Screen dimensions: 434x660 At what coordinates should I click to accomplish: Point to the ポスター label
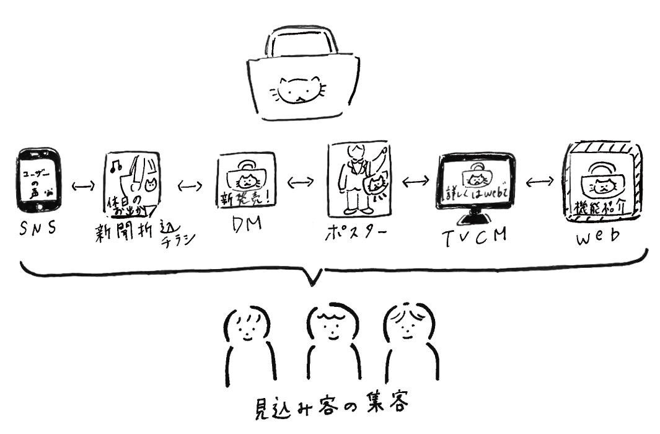pyautogui.click(x=354, y=235)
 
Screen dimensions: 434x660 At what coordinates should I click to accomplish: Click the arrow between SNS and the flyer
pyautogui.click(x=82, y=184)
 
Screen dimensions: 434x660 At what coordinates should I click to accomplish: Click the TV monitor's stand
pyautogui.click(x=475, y=218)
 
